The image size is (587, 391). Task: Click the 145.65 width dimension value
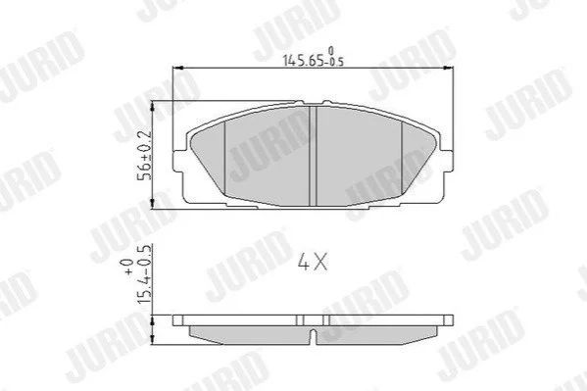(303, 61)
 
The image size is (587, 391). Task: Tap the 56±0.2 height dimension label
(145, 155)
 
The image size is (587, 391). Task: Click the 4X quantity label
(313, 261)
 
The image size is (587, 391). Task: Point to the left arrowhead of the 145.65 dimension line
(177, 68)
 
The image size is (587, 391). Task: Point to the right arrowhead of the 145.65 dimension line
(449, 68)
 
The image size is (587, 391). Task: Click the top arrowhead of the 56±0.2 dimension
(152, 106)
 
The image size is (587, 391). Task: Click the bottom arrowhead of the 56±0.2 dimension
(152, 204)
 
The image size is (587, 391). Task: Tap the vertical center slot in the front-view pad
(313, 156)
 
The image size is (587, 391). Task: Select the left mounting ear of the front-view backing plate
(178, 162)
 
